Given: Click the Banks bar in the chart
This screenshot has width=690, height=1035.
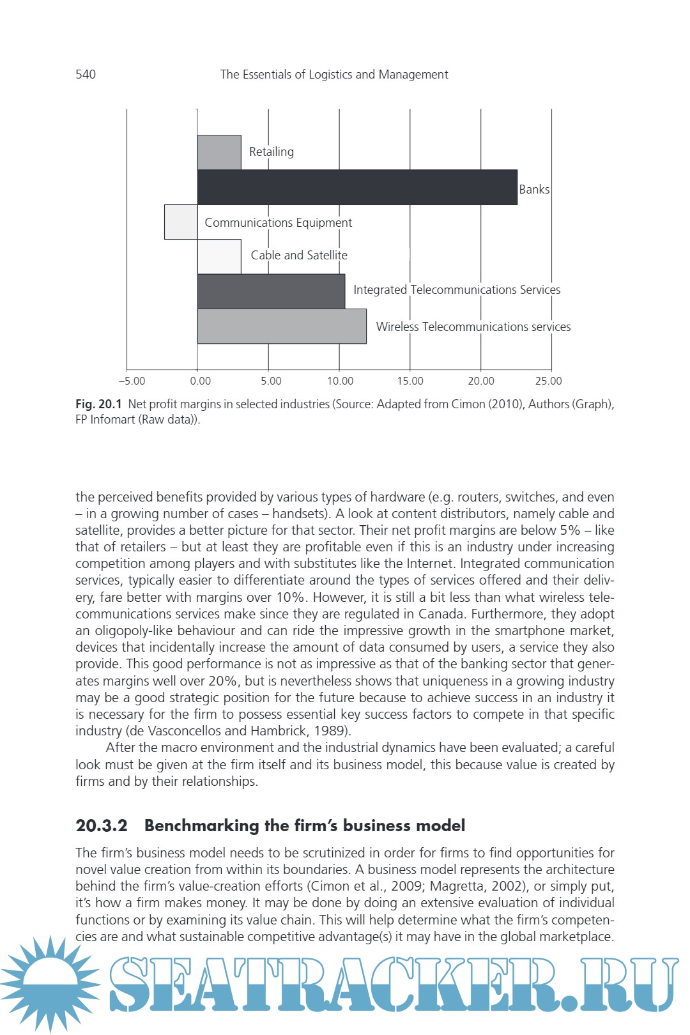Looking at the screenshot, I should pyautogui.click(x=357, y=187).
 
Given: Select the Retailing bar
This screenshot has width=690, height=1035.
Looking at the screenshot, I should pyautogui.click(x=219, y=152).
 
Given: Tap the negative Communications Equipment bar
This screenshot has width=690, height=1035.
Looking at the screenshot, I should pyautogui.click(x=181, y=222).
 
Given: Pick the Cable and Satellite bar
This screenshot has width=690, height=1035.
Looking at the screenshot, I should pyautogui.click(x=219, y=257).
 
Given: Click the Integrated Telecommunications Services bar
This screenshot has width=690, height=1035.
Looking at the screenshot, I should pyautogui.click(x=271, y=291).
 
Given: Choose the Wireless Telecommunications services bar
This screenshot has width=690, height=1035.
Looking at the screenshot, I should pyautogui.click(x=282, y=326).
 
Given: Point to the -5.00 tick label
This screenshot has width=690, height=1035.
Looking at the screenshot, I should pyautogui.click(x=132, y=381).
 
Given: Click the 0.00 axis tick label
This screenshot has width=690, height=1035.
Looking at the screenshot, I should pyautogui.click(x=200, y=381).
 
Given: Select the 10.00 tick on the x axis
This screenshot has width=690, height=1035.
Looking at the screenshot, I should pyautogui.click(x=340, y=381).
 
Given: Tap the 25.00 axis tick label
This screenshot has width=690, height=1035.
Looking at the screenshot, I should pyautogui.click(x=548, y=381).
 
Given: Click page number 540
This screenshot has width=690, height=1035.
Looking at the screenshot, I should pyautogui.click(x=86, y=74).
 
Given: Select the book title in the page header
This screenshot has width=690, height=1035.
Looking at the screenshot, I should pyautogui.click(x=334, y=74).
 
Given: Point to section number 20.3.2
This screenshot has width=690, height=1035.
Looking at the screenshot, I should pyautogui.click(x=102, y=825).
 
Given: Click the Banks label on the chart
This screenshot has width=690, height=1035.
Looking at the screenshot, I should pyautogui.click(x=534, y=189).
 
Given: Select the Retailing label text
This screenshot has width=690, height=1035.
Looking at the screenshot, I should pyautogui.click(x=272, y=152).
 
